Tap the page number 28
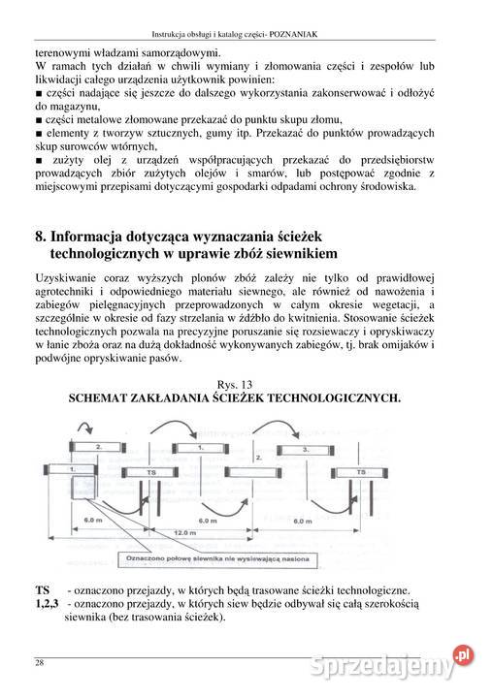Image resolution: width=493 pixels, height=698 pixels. (39, 662)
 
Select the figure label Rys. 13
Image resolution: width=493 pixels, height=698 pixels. (232, 385)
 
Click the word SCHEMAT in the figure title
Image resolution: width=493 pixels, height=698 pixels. (103, 398)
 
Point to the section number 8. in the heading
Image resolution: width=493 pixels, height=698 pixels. (40, 236)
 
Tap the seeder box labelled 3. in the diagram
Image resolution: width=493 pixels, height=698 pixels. (307, 450)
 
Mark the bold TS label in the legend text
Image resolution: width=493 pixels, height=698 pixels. (43, 590)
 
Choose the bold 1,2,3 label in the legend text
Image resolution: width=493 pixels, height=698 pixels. (48, 603)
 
